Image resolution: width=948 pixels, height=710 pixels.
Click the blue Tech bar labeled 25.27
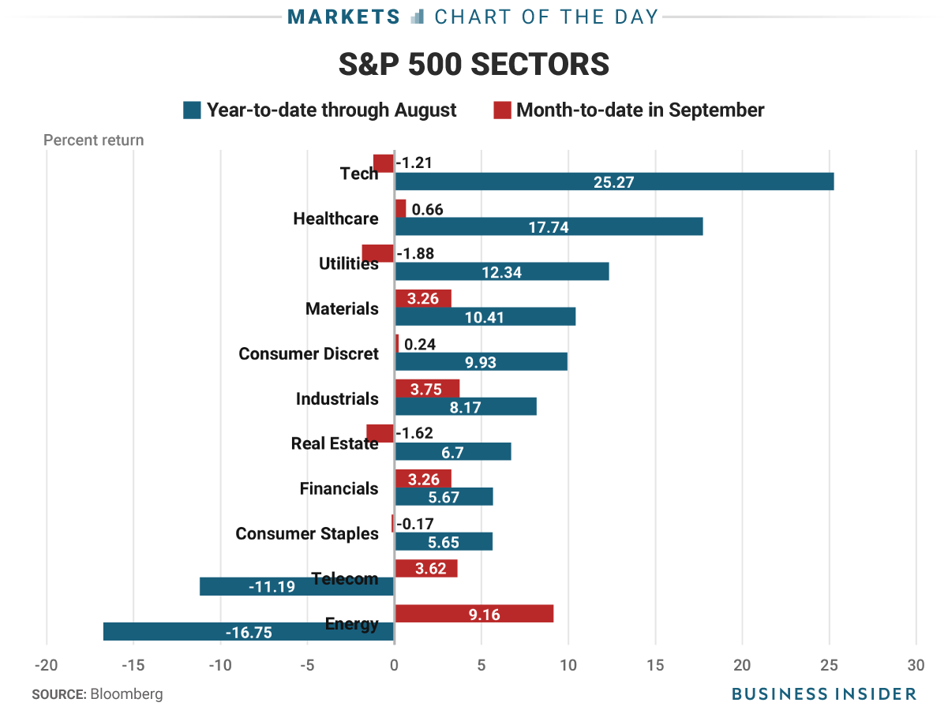pos(614,182)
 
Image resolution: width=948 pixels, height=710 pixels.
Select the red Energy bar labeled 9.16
pos(474,614)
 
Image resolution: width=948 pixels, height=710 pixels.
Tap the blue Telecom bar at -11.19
pos(297,586)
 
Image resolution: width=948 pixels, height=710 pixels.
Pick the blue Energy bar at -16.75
pos(249,632)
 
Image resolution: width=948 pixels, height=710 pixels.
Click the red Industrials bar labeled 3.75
pos(427,388)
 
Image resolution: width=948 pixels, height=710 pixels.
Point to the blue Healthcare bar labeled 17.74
pos(549,227)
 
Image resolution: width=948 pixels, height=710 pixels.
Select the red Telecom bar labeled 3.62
pos(425,568)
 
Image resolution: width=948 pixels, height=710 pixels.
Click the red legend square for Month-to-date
pos(502,110)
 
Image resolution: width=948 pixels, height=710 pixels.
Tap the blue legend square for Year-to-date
pos(192,110)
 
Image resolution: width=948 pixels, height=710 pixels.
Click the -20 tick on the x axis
pos(47,665)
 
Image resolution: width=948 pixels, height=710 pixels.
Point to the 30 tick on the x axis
pos(916,665)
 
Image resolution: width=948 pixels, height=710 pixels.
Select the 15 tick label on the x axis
pos(655,665)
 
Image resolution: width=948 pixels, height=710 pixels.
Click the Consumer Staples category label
pos(307,534)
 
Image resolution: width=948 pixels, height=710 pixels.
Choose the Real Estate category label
pos(335,443)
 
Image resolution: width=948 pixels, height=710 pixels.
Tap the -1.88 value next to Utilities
pos(415,254)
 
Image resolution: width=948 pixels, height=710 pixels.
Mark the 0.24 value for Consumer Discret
pos(420,344)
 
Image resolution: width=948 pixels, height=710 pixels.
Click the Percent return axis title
pos(93,140)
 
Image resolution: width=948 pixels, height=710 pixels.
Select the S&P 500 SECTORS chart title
pos(474,65)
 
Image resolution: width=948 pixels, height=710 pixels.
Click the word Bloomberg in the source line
pos(127,694)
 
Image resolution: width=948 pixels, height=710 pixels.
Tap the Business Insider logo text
pos(824,694)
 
